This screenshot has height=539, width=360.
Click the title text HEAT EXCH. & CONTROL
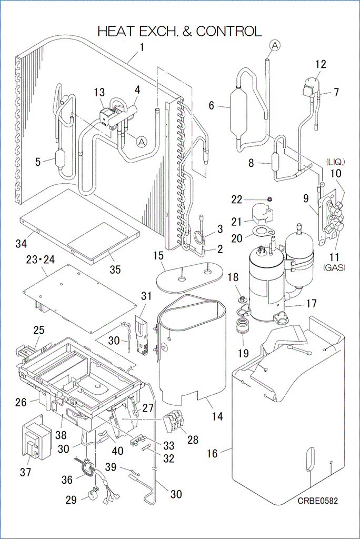pos(179,32)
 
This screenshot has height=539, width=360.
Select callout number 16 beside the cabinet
pos(212,453)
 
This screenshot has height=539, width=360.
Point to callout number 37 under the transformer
pos(26,472)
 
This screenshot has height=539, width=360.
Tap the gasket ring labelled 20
pos(260,231)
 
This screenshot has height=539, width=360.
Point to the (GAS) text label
pos(335,268)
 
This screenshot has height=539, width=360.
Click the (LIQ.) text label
pos(335,161)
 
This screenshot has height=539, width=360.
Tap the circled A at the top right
pos(274,46)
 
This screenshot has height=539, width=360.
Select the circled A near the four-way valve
pos(141,141)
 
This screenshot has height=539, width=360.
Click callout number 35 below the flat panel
pos(115,269)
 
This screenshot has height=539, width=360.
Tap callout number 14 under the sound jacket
pos(217,416)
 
